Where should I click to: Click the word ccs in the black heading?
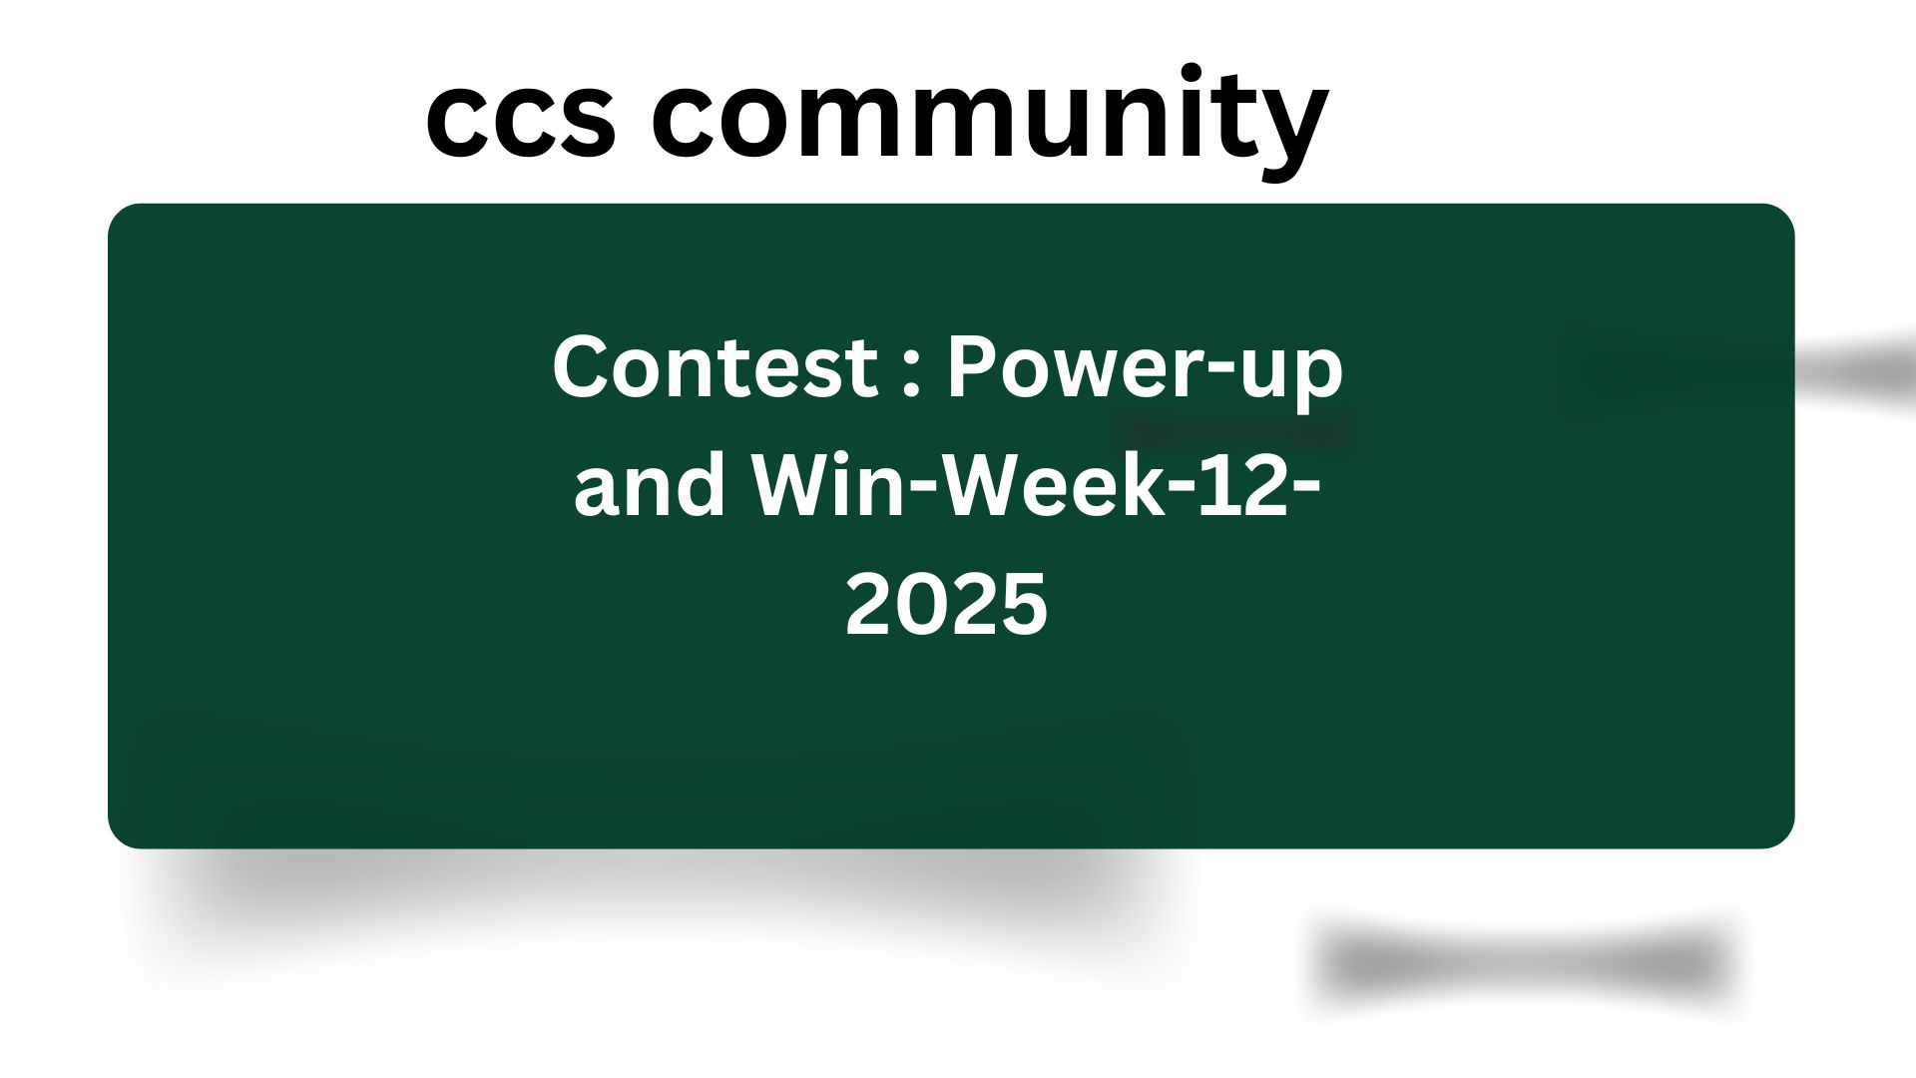521,119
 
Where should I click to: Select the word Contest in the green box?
715,366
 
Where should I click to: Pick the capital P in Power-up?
972,366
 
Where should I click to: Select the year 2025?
947,605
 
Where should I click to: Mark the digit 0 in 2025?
921,605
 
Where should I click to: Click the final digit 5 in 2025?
1025,605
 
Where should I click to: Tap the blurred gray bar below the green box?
1527,963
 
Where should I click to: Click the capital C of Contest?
579,366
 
